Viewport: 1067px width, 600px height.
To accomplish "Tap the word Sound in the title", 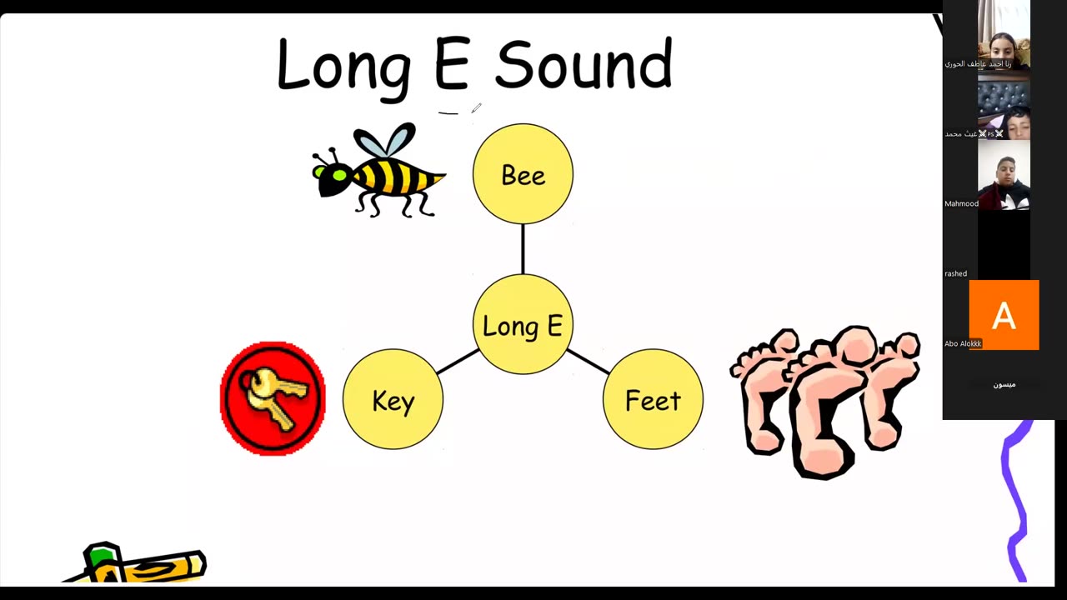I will [x=584, y=65].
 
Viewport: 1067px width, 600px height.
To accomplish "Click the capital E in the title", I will [x=452, y=65].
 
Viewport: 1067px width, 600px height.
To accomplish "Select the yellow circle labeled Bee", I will [x=523, y=174].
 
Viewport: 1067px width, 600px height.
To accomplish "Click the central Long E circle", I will [x=523, y=325].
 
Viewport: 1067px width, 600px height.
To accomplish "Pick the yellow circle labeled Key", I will [x=393, y=400].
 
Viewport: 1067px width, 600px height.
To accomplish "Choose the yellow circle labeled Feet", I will [x=653, y=400].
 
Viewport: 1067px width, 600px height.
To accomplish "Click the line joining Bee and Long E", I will [x=523, y=249].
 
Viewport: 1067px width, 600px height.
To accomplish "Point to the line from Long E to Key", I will [x=457, y=362].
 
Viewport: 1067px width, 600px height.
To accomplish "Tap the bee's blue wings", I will [x=385, y=142].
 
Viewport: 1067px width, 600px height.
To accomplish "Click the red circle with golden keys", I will [x=273, y=398].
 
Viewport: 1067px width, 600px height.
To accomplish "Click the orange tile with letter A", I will [x=1004, y=315].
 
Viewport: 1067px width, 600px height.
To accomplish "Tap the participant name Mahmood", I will [x=961, y=203].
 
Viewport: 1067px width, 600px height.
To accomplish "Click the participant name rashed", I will [x=955, y=273].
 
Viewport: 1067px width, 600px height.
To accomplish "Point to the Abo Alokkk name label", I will [x=963, y=343].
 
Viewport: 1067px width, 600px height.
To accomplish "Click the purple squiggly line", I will [x=1015, y=500].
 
